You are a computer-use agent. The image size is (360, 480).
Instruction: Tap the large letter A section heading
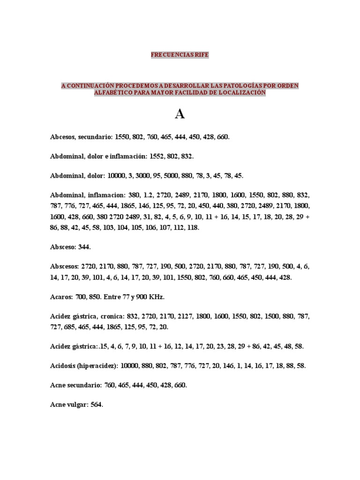[180, 114]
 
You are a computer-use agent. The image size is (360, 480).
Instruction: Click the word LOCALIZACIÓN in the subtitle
[242, 93]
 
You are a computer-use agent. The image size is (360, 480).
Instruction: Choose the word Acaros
[61, 297]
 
